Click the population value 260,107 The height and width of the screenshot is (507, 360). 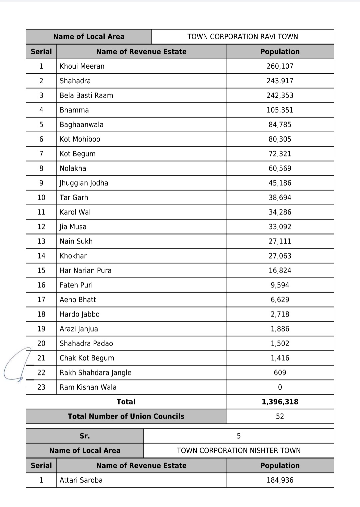tap(280, 66)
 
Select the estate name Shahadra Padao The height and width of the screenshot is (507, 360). tap(86, 343)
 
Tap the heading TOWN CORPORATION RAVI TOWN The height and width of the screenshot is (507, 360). tap(242, 37)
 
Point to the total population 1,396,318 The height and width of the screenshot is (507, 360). tap(280, 402)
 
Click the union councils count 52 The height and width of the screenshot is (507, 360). tap(280, 416)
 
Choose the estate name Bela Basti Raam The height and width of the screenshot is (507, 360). tap(86, 96)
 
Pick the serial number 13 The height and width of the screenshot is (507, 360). tap(41, 241)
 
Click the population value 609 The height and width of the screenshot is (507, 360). tap(280, 372)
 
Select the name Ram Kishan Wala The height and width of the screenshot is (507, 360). tap(88, 387)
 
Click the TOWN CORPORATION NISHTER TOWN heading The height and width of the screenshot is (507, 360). tap(238, 451)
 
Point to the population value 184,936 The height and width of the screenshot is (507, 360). tap(280, 480)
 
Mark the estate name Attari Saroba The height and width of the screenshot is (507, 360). tap(81, 480)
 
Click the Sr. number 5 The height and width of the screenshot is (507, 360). tap(238, 436)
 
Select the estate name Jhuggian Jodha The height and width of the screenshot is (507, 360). tap(84, 183)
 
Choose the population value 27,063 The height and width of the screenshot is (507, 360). tap(280, 256)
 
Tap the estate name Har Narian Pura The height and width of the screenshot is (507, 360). tap(85, 270)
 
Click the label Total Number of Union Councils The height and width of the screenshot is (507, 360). tap(126, 416)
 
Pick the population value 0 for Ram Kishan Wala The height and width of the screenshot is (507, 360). tap(280, 387)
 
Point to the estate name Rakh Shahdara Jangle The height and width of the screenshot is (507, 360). tap(95, 372)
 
